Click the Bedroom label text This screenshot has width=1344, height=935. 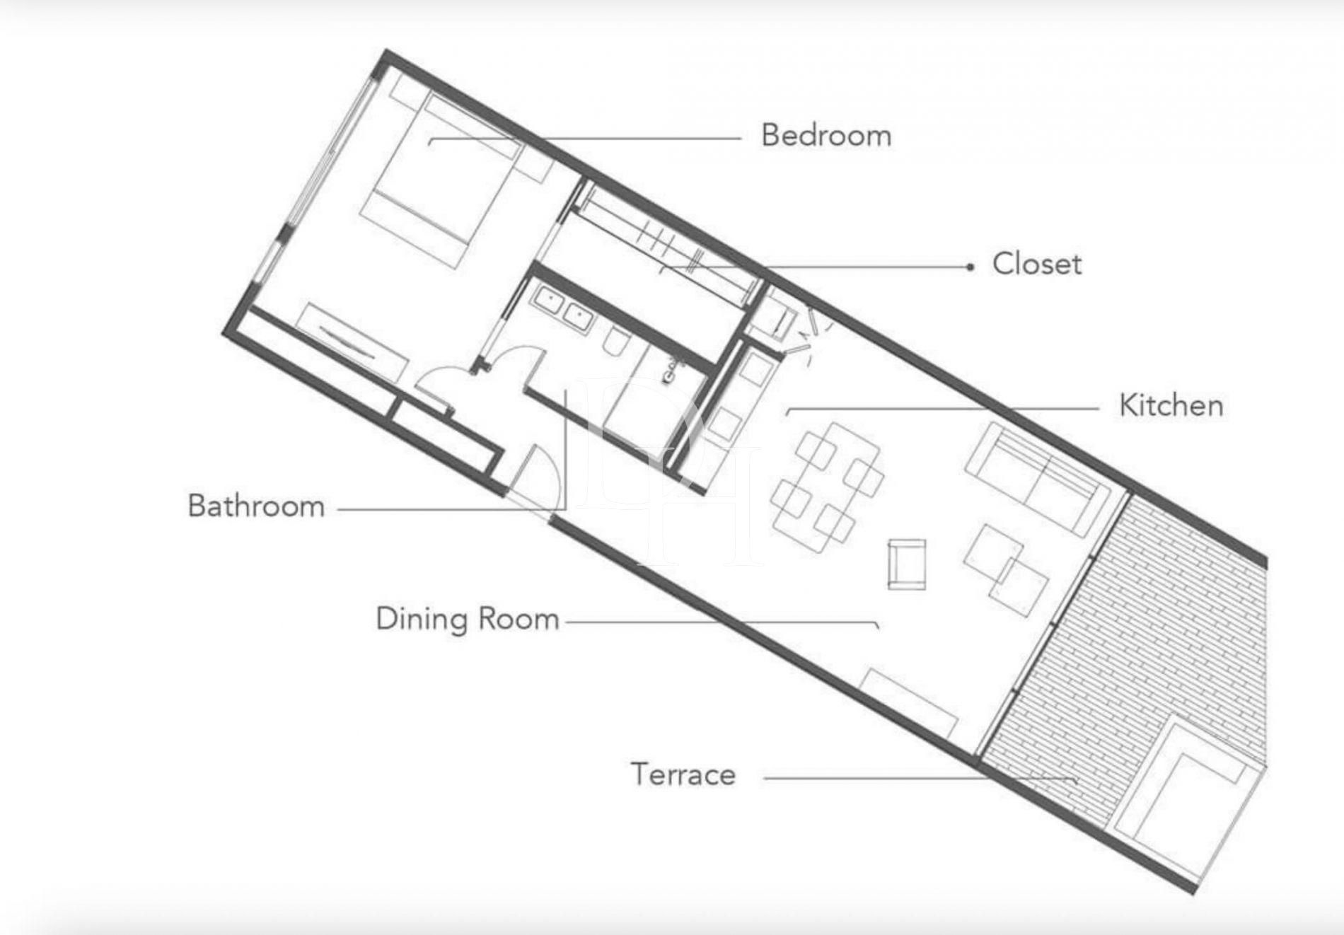(x=826, y=135)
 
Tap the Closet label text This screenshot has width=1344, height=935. (x=1037, y=264)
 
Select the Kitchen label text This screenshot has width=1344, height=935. (x=1171, y=405)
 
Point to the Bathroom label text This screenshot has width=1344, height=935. (x=256, y=506)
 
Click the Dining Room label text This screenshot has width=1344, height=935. (x=468, y=619)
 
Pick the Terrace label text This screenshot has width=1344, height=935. (x=683, y=774)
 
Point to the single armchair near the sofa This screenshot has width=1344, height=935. (x=907, y=564)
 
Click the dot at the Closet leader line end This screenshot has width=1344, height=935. (x=971, y=267)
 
